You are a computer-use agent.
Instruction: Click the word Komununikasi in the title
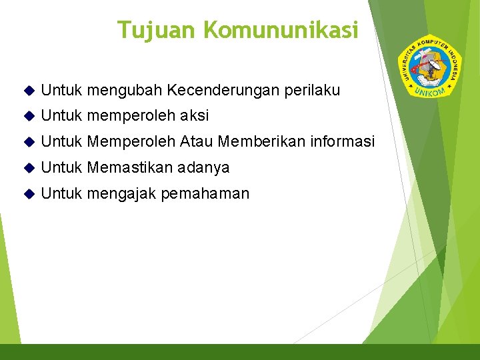281,30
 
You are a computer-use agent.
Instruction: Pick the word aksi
193,116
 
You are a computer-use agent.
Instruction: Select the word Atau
197,142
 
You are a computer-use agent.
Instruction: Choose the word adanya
203,168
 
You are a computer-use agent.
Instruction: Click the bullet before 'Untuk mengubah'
27,91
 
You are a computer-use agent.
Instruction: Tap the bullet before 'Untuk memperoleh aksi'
27,117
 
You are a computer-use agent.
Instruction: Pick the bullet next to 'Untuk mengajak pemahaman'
27,195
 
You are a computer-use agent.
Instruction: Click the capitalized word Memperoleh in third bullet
131,142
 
